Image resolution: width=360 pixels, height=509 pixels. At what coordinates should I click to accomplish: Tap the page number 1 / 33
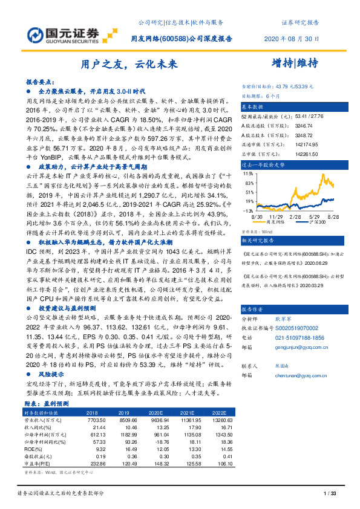[x=330, y=494]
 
